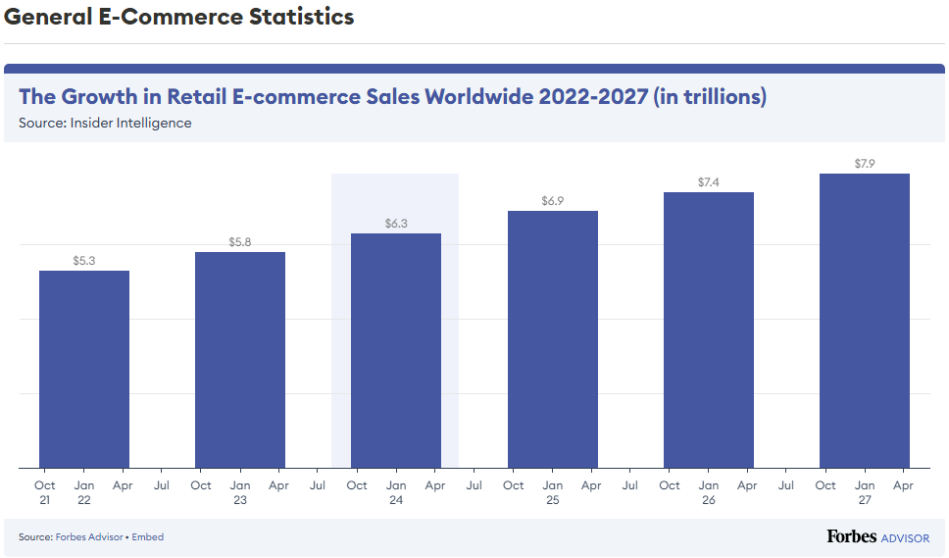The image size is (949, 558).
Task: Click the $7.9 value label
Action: [865, 164]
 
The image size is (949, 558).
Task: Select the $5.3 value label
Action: [84, 261]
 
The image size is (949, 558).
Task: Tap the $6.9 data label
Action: [553, 201]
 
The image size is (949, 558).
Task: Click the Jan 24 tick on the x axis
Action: [396, 492]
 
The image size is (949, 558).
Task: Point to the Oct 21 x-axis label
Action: [45, 492]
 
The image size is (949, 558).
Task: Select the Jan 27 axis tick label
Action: [865, 492]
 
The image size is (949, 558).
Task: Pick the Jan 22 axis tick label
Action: [84, 492]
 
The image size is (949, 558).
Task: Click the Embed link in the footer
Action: [148, 537]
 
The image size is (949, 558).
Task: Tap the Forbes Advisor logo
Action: [877, 536]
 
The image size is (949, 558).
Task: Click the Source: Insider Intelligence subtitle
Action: [105, 123]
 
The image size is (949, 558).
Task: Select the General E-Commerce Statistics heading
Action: [179, 17]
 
